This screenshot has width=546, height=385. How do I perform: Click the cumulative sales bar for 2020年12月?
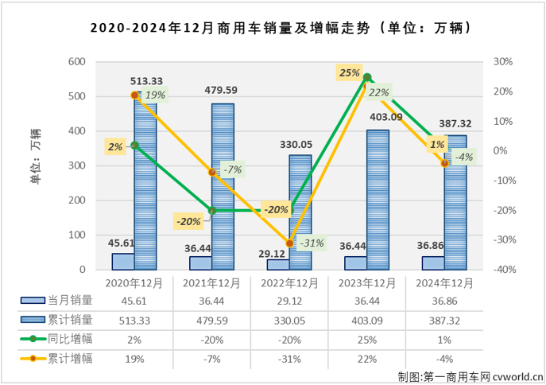pyautogui.click(x=145, y=183)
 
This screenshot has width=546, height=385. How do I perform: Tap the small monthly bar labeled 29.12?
pyautogui.click(x=278, y=265)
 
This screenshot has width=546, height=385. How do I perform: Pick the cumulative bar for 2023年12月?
pyautogui.click(x=378, y=199)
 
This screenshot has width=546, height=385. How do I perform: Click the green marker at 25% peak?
pyautogui.click(x=367, y=77)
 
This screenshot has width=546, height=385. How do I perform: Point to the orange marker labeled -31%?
pyautogui.click(x=290, y=243)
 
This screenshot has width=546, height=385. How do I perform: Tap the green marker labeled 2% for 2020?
pyautogui.click(x=134, y=146)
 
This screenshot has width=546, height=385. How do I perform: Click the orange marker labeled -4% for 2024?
pyautogui.click(x=445, y=163)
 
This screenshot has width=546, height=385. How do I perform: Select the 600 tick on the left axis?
pyautogui.click(x=76, y=62)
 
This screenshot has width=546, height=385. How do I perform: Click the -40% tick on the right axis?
pyautogui.click(x=504, y=270)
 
